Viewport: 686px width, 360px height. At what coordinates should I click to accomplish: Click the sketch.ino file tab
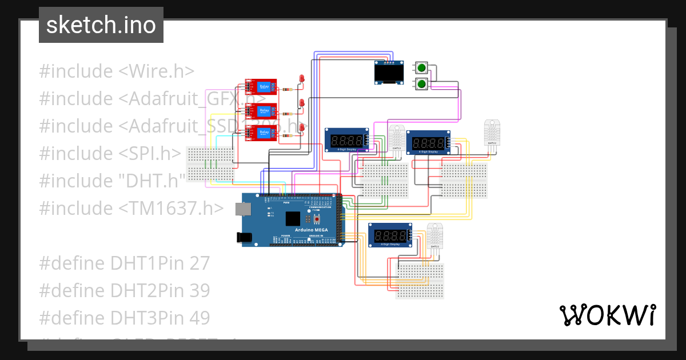101,25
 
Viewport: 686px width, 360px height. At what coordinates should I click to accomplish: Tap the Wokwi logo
607,315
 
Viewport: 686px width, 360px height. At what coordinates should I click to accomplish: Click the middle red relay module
261,110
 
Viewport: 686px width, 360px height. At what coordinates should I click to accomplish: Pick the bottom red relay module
261,133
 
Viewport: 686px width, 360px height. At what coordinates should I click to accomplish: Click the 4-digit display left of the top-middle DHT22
346,140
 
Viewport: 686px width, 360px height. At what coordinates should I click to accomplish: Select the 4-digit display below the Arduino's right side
390,235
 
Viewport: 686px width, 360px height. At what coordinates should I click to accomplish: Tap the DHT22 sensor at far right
492,133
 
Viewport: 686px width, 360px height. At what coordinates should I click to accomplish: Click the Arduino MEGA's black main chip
293,219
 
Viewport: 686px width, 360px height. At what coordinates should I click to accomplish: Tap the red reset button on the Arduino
316,219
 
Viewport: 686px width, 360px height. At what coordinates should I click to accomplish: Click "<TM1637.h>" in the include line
171,208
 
